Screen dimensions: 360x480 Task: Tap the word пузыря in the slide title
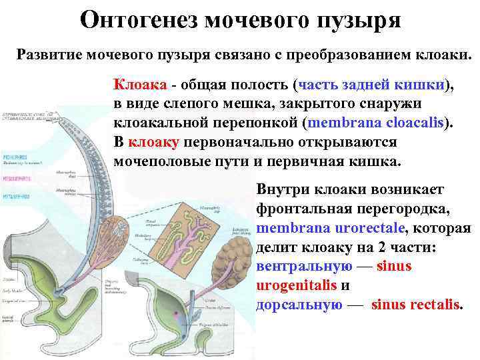pyautogui.click(x=359, y=20)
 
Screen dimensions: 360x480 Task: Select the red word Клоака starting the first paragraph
pyautogui.click(x=139, y=85)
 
